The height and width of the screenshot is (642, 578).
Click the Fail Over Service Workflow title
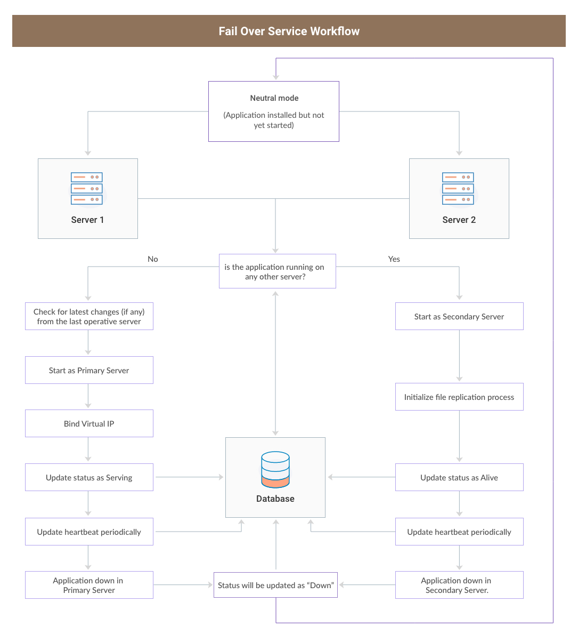[x=289, y=31]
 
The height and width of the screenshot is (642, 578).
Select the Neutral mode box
[x=273, y=111]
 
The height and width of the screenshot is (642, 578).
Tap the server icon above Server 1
[x=87, y=188]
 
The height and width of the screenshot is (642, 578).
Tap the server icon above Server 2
[x=458, y=188]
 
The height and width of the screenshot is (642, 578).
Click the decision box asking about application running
[x=277, y=271]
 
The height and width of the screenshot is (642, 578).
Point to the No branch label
[x=153, y=259]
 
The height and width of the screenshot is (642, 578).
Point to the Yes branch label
[x=394, y=259]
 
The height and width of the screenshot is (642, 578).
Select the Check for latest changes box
[x=89, y=317]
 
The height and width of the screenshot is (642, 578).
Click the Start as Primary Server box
[x=89, y=371]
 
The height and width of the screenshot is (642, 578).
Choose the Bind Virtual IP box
[x=89, y=424]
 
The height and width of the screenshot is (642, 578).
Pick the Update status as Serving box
[x=89, y=478]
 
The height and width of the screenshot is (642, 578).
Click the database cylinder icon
[x=275, y=470]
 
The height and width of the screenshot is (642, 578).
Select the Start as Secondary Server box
[x=459, y=317]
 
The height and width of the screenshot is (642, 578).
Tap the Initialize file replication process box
[x=459, y=397]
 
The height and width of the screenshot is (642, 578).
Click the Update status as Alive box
[x=459, y=478]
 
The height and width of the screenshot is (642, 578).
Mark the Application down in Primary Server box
[x=89, y=585]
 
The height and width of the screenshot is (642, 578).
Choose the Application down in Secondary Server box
[x=459, y=585]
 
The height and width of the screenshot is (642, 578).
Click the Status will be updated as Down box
[x=275, y=585]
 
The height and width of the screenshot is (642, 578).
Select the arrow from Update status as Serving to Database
[x=189, y=477]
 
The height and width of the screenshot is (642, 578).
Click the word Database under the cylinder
[x=275, y=499]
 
